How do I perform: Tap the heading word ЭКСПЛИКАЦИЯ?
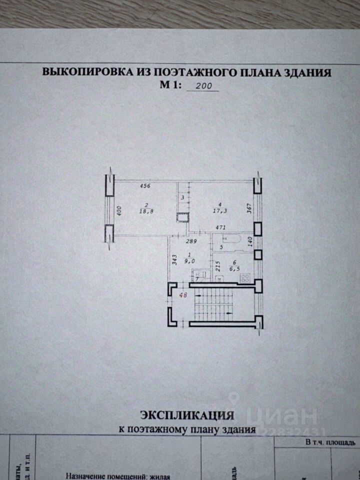pos(187,415)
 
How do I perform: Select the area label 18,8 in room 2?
pos(146,211)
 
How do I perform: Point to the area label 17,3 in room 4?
pos(219,211)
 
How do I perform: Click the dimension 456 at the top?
pos(145,186)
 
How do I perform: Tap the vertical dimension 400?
pos(119,210)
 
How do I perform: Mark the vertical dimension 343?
pos(173,261)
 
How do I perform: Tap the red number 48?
pos(183,294)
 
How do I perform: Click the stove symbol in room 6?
pos(245,279)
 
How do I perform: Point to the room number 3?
pos(182,198)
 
